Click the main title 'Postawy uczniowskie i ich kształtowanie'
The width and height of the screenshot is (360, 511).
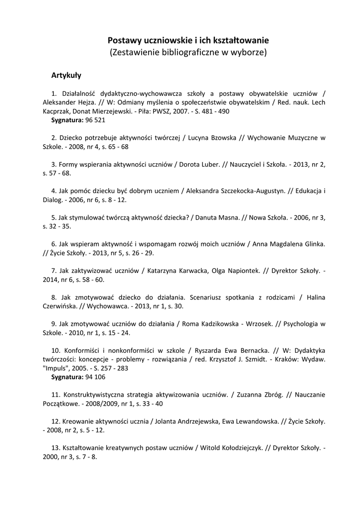[188, 40]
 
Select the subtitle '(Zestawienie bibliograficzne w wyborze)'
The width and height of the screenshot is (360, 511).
[188, 52]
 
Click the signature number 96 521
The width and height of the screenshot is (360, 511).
[95, 120]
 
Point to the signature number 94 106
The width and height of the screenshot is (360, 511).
[95, 377]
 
